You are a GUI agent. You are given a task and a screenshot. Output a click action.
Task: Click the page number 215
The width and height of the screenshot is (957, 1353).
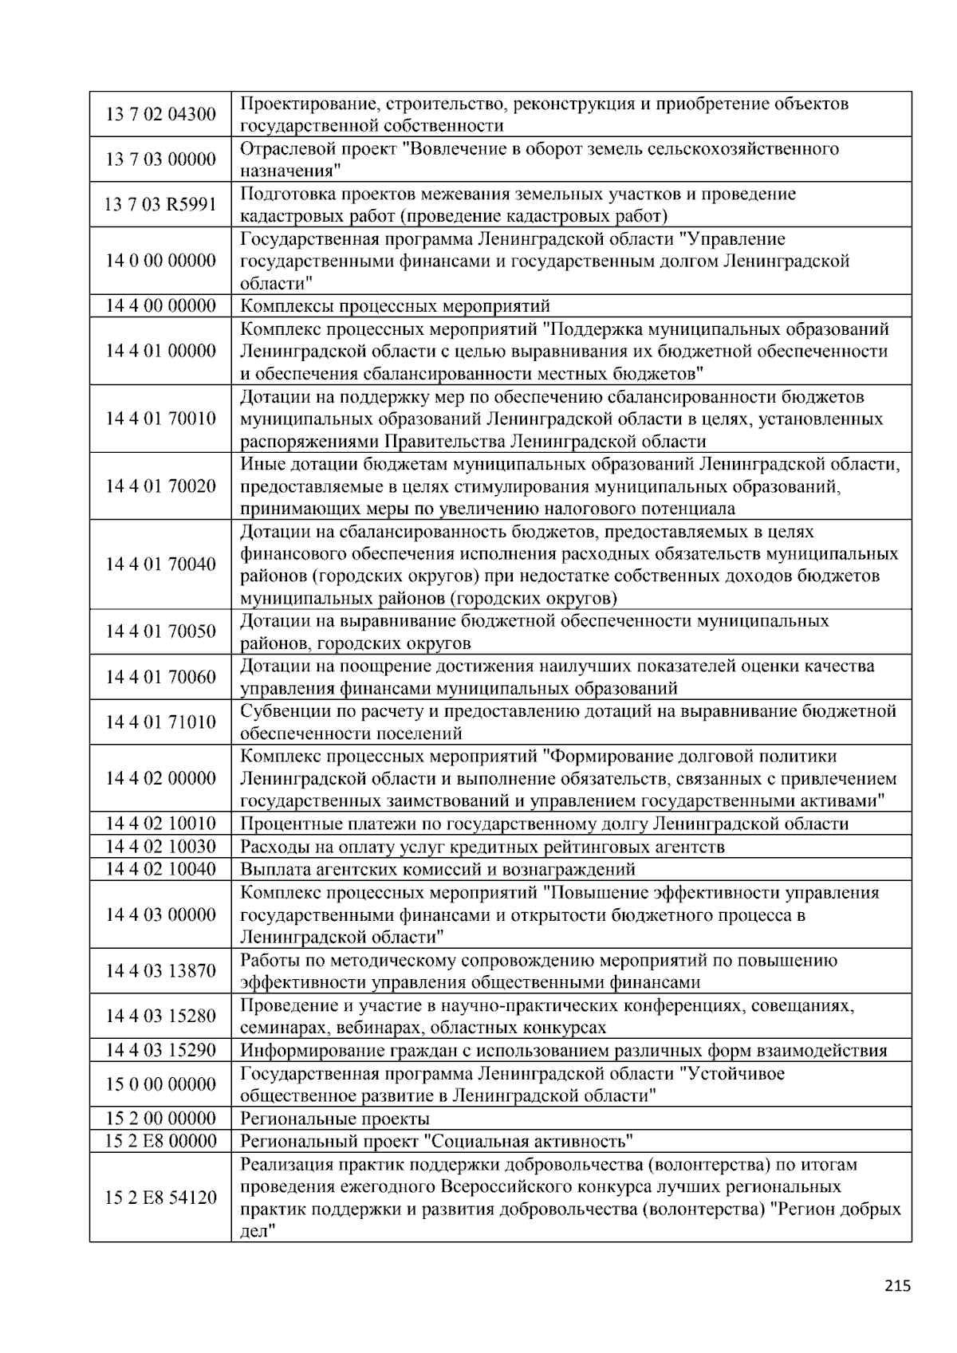(897, 1284)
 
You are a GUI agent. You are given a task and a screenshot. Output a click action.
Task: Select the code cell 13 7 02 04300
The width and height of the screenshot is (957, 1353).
(160, 114)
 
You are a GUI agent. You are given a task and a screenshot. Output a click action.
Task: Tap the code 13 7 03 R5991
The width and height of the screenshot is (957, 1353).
(160, 205)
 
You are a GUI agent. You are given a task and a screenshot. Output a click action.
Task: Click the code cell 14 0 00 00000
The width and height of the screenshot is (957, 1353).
(160, 261)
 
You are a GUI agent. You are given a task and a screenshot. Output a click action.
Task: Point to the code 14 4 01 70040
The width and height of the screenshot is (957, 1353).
(160, 564)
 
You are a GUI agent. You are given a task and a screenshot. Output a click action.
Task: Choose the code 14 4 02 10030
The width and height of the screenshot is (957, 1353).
(160, 847)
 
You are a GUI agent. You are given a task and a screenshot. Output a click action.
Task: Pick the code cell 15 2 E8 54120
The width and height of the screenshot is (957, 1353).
(160, 1198)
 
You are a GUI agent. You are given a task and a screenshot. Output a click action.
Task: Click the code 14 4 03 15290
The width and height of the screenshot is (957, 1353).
(160, 1050)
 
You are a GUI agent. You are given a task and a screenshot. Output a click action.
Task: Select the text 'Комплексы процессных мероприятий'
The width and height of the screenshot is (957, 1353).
(395, 306)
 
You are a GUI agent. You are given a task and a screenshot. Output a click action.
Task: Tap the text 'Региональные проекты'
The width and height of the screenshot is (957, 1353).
(335, 1119)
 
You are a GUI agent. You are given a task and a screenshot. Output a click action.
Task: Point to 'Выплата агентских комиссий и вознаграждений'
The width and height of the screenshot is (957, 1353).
(438, 869)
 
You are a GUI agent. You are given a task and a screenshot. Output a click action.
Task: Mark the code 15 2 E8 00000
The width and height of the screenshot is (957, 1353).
(160, 1141)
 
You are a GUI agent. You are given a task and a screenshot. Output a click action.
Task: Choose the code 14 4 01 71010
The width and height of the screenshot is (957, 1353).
(160, 722)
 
